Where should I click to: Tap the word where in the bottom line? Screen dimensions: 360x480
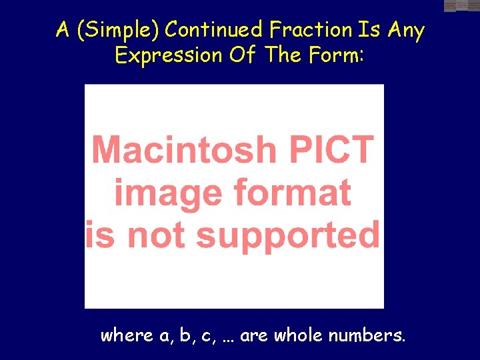coord(127,335)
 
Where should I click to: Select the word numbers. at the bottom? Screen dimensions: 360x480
coord(367,335)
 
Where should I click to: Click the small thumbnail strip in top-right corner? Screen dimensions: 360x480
coord(461,6)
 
